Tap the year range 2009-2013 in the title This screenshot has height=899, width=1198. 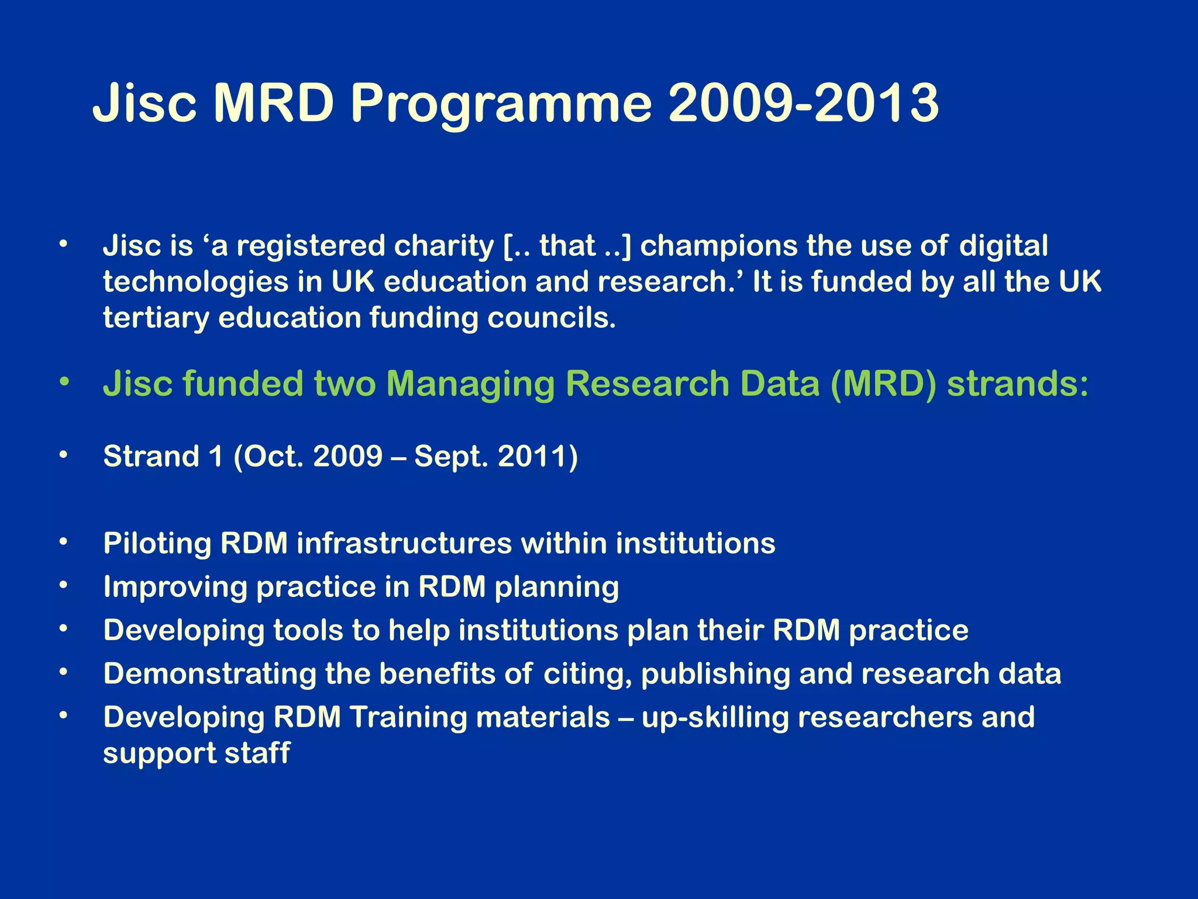(x=803, y=103)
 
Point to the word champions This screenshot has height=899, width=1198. (x=718, y=246)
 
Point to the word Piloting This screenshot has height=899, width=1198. (x=157, y=544)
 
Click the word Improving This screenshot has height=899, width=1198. (x=175, y=588)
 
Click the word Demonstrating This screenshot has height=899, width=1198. (x=209, y=674)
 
